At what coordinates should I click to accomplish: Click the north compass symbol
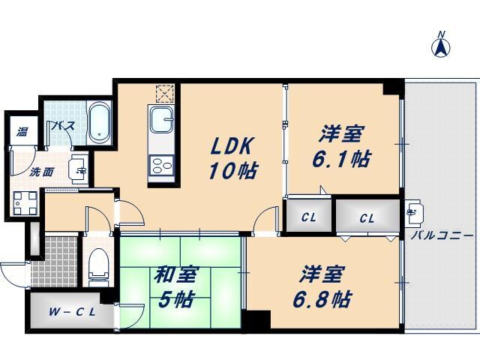pos(442,46)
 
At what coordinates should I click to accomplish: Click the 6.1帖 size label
pos(342,159)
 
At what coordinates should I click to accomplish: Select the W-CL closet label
pos(72,313)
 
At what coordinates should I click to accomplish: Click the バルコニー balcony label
pos(442,235)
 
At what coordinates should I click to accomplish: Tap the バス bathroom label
pos(62,126)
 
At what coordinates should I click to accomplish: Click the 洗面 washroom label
pos(41,172)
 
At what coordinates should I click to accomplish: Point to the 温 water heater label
pos(23,132)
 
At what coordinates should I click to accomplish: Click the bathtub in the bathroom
pos(99,124)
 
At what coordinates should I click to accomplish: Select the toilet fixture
pos(98,265)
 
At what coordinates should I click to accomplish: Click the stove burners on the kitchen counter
pos(161,165)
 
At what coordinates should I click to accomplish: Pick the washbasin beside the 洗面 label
pos(77,169)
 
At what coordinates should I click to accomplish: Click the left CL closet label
pos(308,218)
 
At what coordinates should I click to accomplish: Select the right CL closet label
pos(366,218)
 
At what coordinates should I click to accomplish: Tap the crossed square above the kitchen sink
pos(164,94)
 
